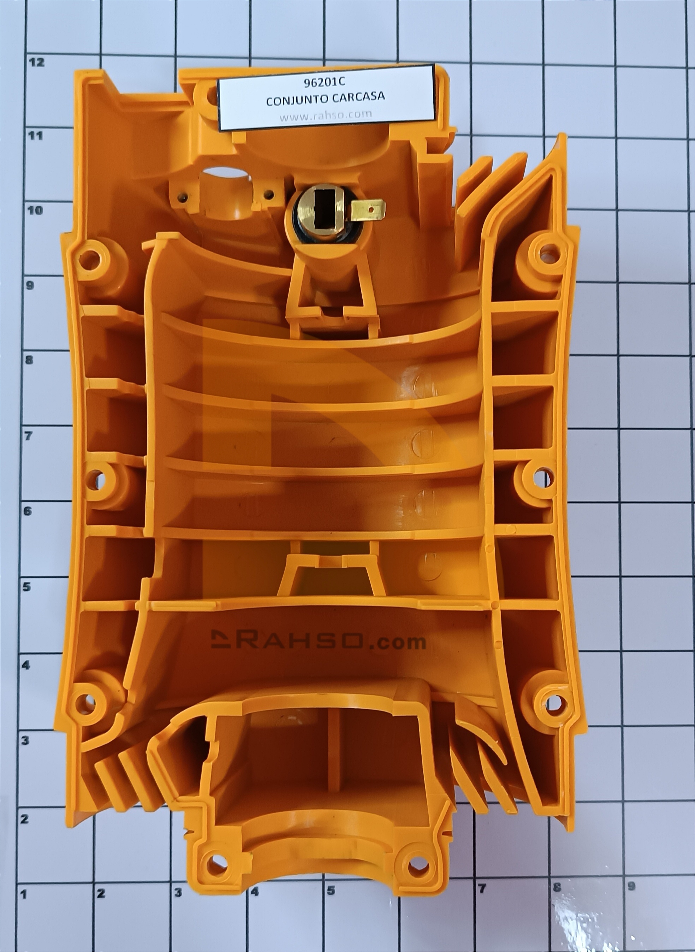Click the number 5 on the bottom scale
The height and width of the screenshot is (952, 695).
coord(331,900)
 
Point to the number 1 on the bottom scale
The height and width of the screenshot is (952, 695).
coord(24,903)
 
